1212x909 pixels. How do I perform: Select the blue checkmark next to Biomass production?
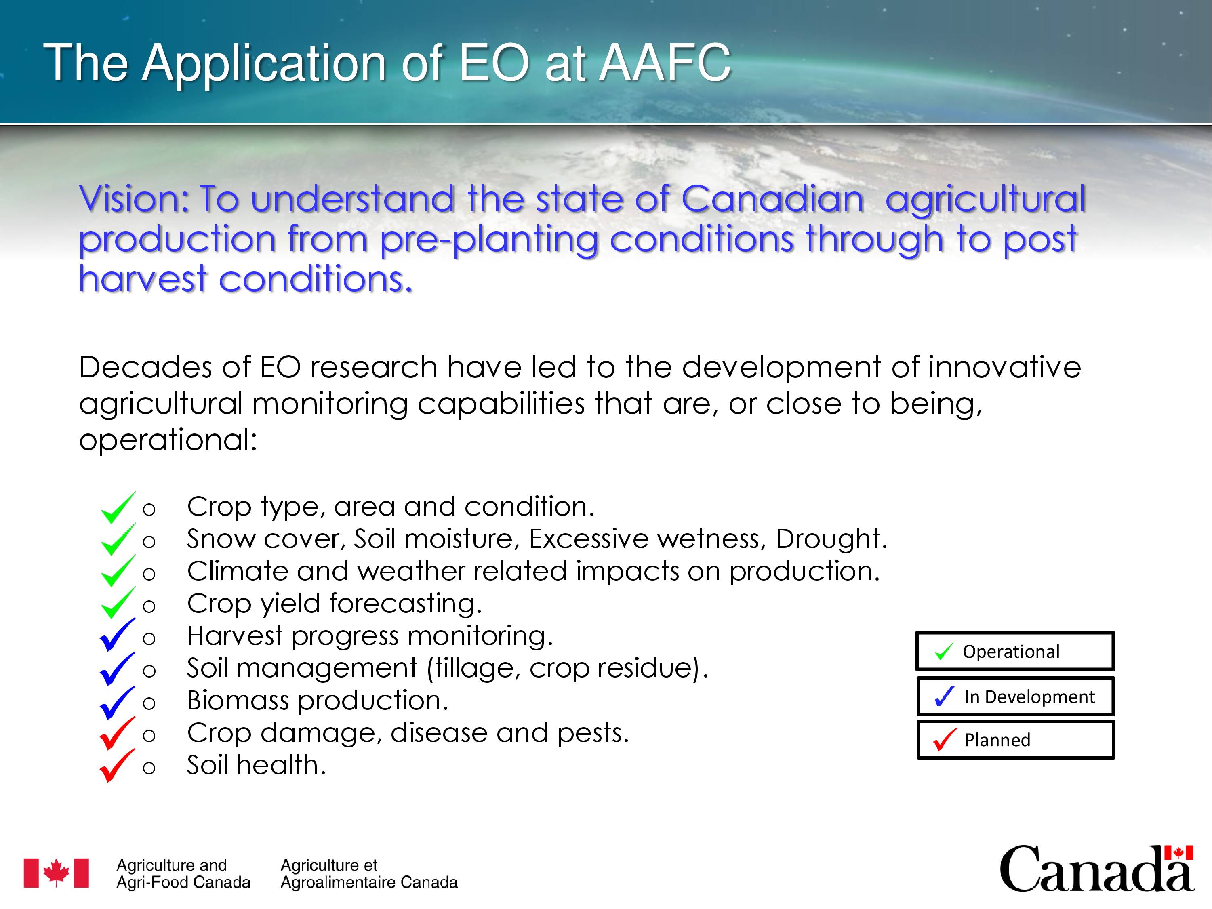click(117, 703)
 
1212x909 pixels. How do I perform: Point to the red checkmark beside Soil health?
click(117, 766)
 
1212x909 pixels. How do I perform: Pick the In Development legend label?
click(1029, 696)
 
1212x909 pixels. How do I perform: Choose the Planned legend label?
click(997, 740)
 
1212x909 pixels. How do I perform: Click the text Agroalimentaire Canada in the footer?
click(369, 882)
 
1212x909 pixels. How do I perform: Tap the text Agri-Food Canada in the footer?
click(183, 882)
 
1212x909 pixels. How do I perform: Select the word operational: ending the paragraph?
click(168, 440)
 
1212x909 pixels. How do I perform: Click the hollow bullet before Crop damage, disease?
click(149, 735)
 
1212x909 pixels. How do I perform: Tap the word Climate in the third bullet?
click(237, 571)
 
